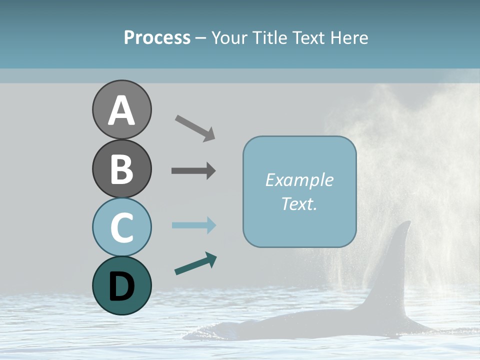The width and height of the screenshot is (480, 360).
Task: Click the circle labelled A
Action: [121, 109]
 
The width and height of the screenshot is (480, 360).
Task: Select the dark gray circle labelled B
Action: [121, 168]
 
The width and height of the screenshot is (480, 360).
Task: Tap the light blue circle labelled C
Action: [121, 227]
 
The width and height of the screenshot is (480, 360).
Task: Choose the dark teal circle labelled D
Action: [121, 285]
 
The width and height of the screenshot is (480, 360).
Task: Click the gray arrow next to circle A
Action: [195, 127]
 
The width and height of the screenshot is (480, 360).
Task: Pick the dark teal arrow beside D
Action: [195, 263]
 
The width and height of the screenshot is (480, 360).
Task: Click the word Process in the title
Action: [157, 37]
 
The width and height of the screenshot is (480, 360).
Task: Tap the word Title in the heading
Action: [270, 37]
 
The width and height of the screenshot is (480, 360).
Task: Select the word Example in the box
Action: [299, 180]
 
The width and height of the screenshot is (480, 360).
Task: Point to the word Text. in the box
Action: [299, 203]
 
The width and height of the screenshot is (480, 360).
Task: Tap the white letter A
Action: [121, 110]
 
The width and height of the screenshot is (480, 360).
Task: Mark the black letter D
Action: [121, 286]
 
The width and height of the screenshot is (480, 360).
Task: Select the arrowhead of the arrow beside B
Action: [210, 170]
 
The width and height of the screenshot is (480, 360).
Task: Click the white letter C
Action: [121, 228]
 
